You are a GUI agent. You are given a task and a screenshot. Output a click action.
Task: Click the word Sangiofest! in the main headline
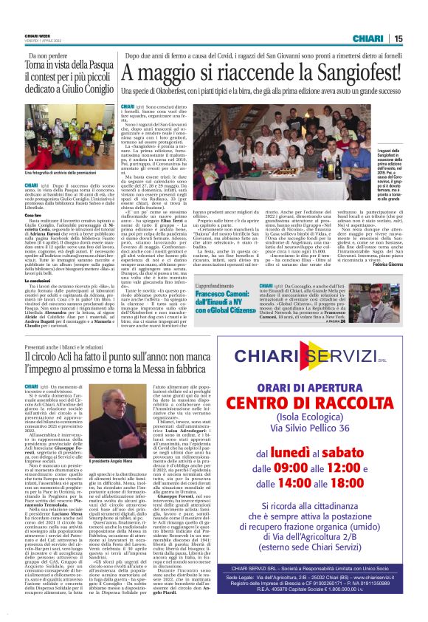[338, 74]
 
